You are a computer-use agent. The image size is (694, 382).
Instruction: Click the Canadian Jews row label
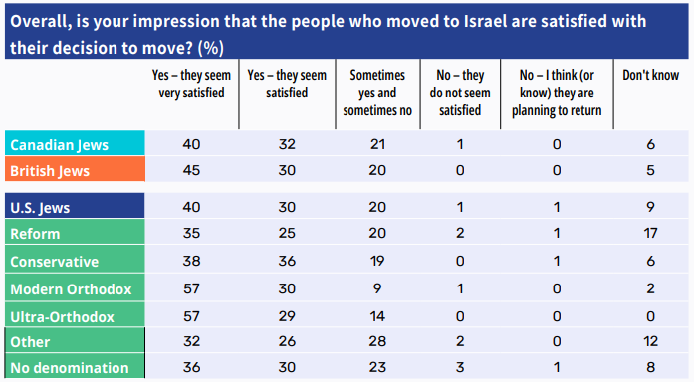(60, 145)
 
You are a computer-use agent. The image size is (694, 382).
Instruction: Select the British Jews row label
(50, 171)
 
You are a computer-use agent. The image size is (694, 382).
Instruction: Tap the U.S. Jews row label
(40, 208)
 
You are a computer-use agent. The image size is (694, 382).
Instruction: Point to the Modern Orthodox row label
(71, 289)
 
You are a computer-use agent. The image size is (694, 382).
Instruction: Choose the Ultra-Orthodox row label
(62, 317)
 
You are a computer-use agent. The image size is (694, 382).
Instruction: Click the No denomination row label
(70, 368)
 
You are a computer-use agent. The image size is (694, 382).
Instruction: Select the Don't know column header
(650, 75)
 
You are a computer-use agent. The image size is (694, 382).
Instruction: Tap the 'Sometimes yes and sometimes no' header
(377, 93)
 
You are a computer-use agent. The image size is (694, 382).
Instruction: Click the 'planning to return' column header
(557, 93)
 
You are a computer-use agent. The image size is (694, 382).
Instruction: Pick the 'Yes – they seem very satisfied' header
(191, 84)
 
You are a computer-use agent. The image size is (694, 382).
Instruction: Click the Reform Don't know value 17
(650, 233)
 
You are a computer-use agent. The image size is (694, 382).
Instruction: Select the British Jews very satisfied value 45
(191, 170)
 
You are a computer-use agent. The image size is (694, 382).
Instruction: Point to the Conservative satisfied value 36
(287, 261)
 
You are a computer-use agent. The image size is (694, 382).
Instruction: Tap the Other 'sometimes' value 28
(377, 341)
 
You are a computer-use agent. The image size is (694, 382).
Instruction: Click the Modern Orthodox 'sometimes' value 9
(377, 288)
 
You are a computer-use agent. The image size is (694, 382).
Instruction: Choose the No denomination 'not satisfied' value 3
(460, 367)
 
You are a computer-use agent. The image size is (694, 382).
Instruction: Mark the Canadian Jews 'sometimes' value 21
(377, 144)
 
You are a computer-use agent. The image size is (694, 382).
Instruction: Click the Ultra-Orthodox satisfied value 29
(287, 316)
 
